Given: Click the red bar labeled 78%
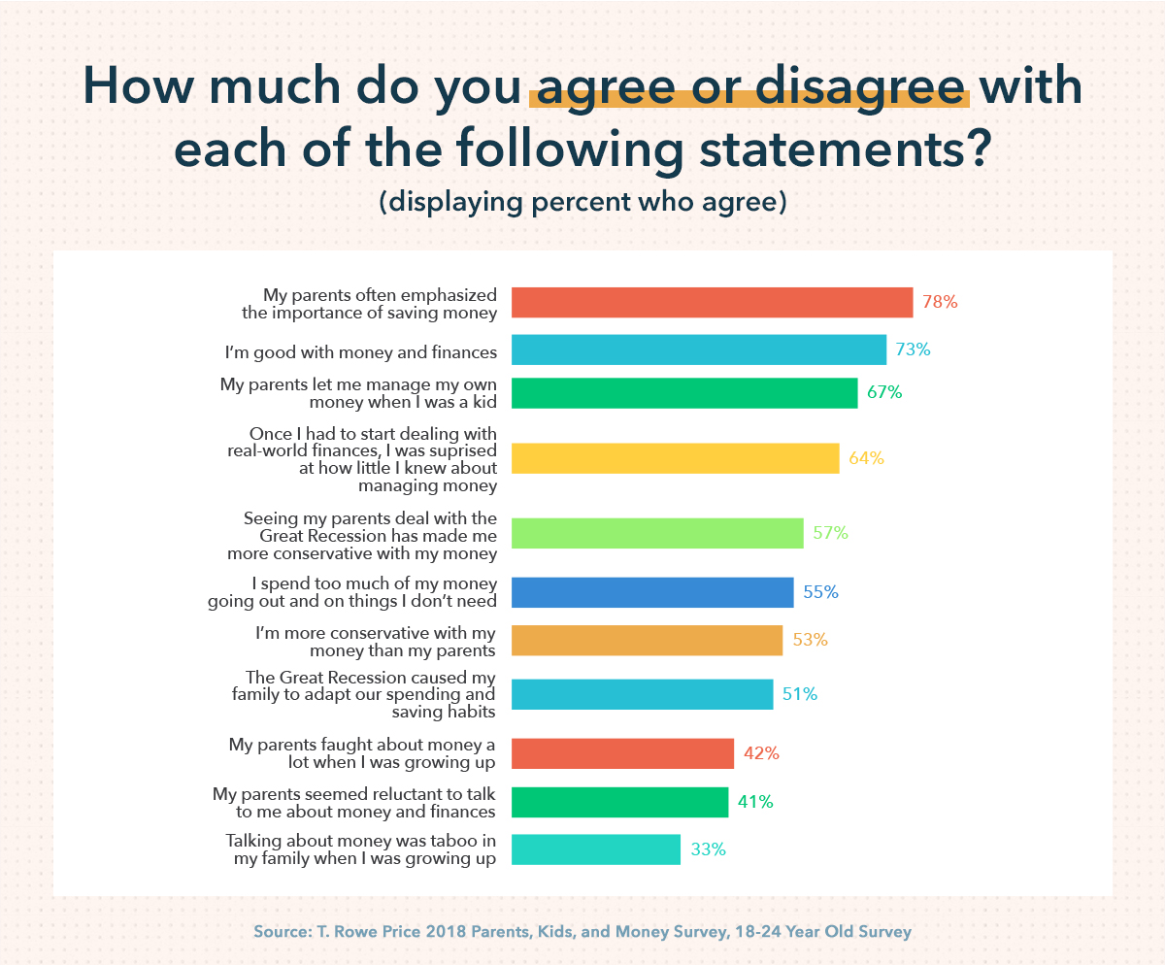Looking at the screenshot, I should (x=712, y=302).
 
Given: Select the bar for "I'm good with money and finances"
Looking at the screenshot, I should (x=698, y=349).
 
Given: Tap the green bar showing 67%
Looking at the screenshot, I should (x=683, y=392).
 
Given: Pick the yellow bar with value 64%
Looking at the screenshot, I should (x=675, y=458).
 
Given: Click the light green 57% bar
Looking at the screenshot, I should (x=657, y=533).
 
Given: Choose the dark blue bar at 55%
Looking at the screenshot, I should (x=652, y=592).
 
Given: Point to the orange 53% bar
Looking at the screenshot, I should (x=647, y=641).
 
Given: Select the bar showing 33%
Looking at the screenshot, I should (x=595, y=849).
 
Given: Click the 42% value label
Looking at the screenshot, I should (x=762, y=753).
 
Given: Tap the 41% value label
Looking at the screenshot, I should (x=756, y=802).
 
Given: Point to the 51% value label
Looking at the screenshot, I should (x=801, y=694).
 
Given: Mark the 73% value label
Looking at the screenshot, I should (x=914, y=349).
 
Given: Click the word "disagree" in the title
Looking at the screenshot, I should (x=860, y=87).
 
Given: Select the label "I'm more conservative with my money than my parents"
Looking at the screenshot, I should (x=375, y=641).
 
